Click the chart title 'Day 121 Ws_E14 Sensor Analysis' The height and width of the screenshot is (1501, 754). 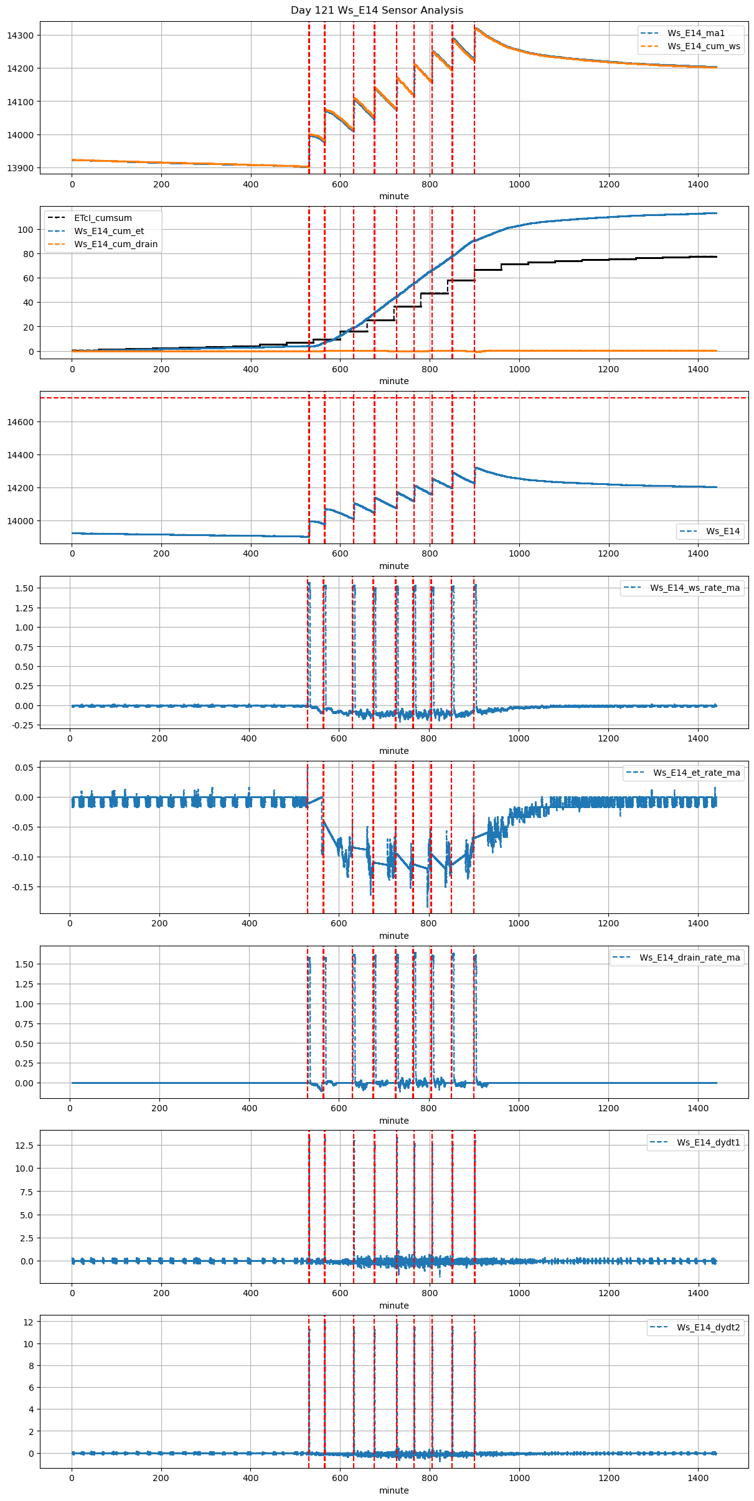point(377,10)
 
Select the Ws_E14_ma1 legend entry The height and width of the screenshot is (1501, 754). point(695,33)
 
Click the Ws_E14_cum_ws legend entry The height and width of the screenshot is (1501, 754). point(704,46)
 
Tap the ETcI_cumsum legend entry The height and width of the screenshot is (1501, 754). point(103,218)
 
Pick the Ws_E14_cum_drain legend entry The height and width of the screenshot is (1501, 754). point(115,244)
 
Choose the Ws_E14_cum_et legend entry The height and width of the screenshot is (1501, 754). point(109,231)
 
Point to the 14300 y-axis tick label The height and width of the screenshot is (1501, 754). point(20,35)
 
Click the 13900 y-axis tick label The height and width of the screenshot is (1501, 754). point(20,168)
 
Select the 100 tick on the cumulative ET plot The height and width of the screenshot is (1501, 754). point(26,230)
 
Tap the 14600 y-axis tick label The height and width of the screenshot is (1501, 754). point(20,422)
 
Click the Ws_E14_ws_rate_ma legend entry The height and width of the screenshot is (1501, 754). point(695,588)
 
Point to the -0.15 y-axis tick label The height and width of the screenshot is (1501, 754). point(22,887)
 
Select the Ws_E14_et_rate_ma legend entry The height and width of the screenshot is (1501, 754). point(696,773)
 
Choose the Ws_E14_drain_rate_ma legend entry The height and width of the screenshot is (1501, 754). point(689,958)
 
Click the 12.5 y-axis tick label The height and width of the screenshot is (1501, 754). point(24,1145)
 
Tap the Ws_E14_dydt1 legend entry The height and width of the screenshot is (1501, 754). point(709,1142)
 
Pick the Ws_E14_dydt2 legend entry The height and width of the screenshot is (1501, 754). point(709,1327)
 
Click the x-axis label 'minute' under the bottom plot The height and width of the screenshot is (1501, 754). point(394,1490)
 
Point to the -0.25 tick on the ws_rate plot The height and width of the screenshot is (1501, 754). point(22,725)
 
